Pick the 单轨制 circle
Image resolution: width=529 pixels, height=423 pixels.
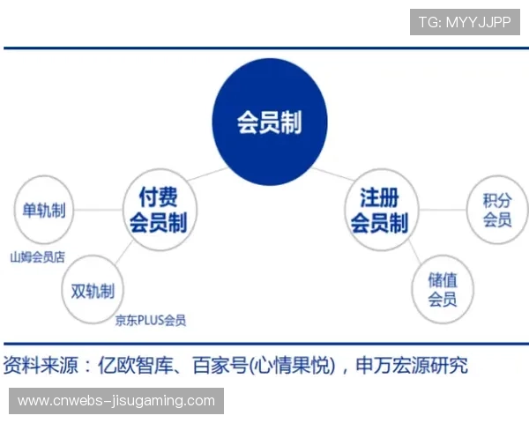point(44,211)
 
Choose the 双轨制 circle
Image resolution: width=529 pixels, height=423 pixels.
point(93,290)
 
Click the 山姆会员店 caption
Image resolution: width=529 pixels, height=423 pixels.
point(37,258)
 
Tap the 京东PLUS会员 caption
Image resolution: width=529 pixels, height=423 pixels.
point(151,321)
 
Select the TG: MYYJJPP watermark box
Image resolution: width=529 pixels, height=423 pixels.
point(465,22)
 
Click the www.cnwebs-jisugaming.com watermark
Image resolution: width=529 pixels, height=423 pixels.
point(116,401)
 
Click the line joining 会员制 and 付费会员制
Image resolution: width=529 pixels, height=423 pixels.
point(205,174)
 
